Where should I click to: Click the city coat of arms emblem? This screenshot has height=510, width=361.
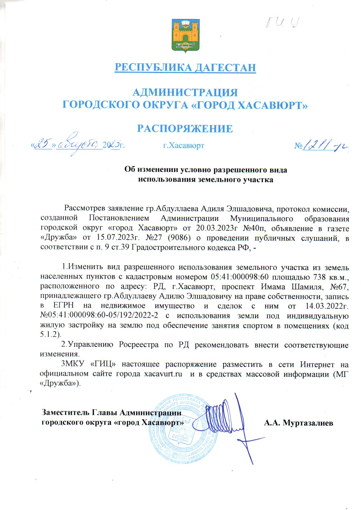click(x=185, y=36)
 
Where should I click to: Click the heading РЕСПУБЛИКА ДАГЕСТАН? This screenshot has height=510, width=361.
click(x=185, y=67)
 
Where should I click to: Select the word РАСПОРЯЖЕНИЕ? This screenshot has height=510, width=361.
click(x=185, y=128)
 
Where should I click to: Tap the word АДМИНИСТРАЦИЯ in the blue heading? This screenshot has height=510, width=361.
click(x=185, y=93)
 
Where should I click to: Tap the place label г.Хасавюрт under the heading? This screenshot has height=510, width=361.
click(x=184, y=145)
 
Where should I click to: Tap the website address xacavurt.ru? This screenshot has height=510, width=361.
click(x=163, y=374)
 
